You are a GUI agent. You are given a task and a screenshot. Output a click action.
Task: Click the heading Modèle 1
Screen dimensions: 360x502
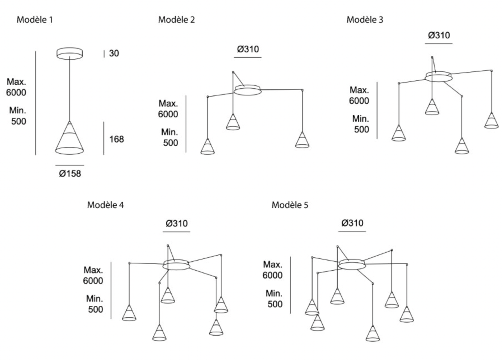point(35,20)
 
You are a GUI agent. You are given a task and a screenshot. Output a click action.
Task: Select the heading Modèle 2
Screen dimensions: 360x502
point(176,20)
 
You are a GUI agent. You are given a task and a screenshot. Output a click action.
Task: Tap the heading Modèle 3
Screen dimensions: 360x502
point(365,20)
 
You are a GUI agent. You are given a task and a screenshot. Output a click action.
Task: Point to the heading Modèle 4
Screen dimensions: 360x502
point(105,205)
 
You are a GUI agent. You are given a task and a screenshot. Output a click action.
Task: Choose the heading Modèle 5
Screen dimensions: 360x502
point(290,205)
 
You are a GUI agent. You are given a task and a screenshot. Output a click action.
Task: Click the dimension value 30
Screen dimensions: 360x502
point(114,53)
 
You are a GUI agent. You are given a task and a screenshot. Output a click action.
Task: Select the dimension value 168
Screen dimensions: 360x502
point(116,139)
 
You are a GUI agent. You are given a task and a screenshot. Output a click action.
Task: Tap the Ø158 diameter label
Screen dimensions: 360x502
point(70,174)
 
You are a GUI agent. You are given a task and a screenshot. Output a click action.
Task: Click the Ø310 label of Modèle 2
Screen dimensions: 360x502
point(248,49)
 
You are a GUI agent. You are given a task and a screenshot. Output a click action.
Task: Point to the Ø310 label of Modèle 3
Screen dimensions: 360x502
point(439,35)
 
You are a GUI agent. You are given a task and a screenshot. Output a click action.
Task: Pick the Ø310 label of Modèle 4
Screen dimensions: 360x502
point(177,223)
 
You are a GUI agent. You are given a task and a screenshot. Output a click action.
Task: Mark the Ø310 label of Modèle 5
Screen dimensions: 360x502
point(352,223)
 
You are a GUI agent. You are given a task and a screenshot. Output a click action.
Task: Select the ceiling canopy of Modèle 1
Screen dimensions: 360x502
point(70,53)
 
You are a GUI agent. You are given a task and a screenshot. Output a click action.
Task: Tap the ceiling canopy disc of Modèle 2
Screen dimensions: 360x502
point(248,90)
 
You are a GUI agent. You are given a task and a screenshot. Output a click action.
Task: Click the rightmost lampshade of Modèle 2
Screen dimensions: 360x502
point(302,140)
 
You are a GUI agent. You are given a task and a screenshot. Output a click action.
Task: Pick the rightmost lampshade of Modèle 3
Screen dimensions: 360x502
point(492,121)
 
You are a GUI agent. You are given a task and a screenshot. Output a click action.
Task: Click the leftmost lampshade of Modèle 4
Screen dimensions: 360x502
point(129,313)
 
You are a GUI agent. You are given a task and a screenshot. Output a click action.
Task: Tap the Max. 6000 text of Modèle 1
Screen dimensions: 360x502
point(16,87)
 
